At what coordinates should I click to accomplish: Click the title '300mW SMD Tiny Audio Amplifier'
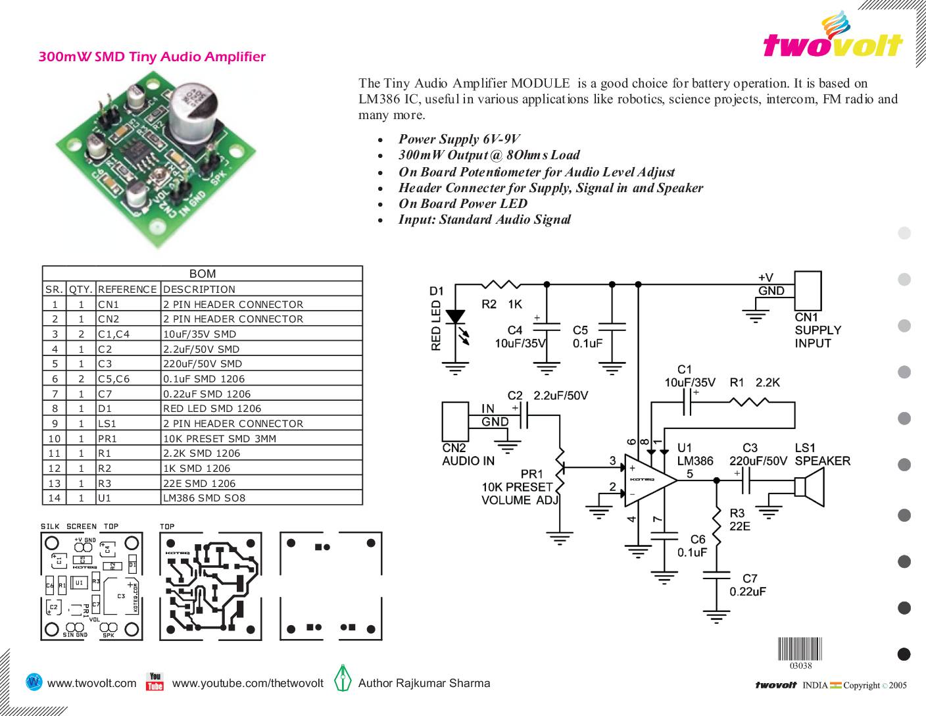point(152,57)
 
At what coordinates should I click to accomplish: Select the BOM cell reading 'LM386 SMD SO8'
point(204,498)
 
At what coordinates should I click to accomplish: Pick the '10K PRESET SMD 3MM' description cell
point(220,438)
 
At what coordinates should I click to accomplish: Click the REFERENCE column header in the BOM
point(128,289)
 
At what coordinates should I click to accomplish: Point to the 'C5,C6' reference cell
point(114,378)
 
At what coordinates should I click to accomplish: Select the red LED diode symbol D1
point(454,317)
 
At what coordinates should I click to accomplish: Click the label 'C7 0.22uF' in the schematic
point(748,585)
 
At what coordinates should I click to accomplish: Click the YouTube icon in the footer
point(155,682)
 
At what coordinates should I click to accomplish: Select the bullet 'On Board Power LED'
point(462,203)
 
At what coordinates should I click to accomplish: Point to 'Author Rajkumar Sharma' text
point(424,683)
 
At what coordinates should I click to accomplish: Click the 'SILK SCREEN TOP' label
point(80,526)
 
